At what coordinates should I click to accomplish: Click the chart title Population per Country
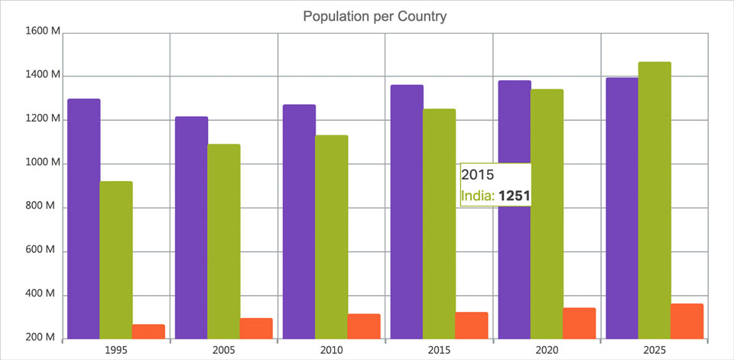pos(375,16)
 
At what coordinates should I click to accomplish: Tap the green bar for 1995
pos(116,260)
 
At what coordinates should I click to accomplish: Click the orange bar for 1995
pos(148,332)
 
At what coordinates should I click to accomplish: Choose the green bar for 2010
pos(331,237)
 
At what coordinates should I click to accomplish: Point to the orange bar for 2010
pos(364,326)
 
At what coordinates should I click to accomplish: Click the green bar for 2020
pos(547,214)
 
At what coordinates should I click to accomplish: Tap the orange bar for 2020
pos(579,323)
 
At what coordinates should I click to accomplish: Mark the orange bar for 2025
pos(687,321)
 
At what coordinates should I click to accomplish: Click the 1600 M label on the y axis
pos(43,31)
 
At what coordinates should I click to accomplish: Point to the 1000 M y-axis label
pos(43,163)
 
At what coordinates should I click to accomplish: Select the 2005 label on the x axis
pos(223,349)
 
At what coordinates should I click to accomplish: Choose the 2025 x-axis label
pos(654,349)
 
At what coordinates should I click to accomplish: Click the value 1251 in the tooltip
pos(514,196)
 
